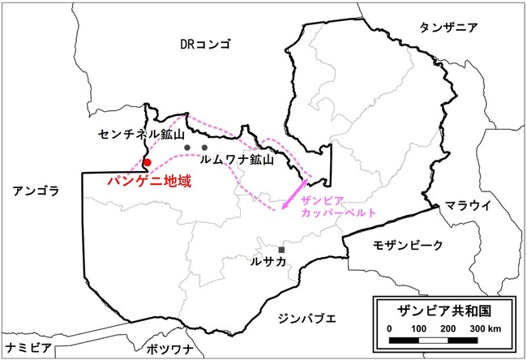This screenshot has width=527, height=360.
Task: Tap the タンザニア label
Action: click(448, 28)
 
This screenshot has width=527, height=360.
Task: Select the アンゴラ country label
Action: click(32, 191)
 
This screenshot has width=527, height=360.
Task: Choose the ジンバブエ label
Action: click(305, 318)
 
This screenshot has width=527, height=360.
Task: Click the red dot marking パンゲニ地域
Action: click(148, 163)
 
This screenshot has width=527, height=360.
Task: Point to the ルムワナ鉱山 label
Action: click(236, 161)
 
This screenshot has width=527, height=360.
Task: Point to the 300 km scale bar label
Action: click(489, 327)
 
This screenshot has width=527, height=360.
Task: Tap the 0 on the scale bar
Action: click(390, 327)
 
